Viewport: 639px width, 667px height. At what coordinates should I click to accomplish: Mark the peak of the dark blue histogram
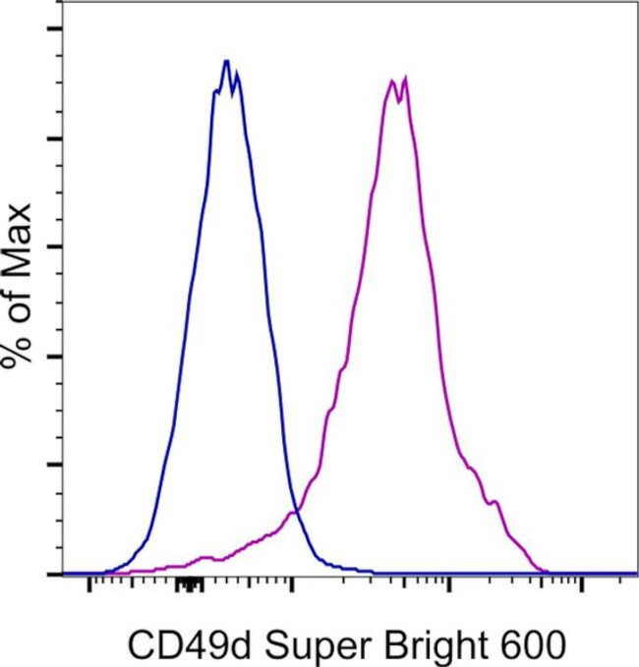[226, 61]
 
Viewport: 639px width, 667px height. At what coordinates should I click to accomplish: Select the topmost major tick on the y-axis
[53, 28]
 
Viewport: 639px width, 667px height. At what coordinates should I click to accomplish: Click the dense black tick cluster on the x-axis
[189, 585]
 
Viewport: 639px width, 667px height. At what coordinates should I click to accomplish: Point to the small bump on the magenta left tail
[205, 557]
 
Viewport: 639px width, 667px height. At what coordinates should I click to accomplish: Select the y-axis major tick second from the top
[53, 138]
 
